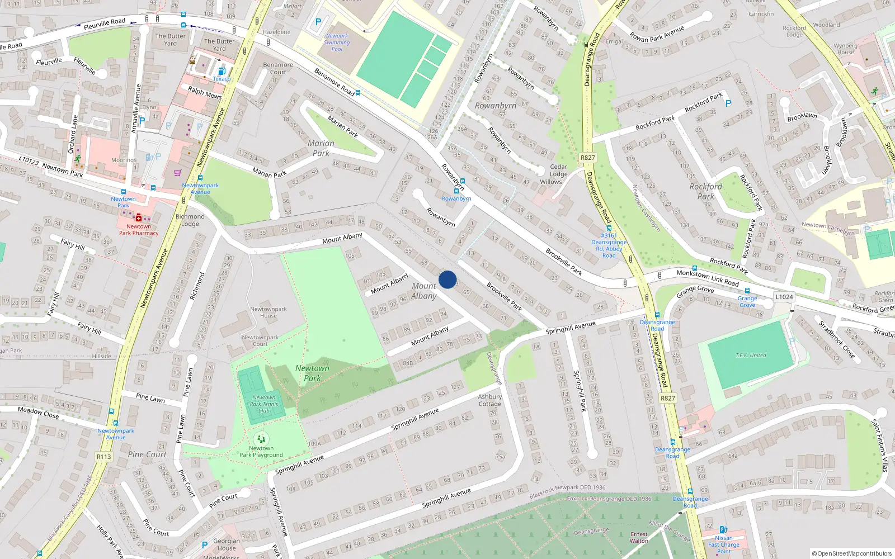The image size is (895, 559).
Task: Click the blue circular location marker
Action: [x=447, y=279]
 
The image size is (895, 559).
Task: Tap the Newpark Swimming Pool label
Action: [x=337, y=42]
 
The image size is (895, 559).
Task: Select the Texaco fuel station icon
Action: [x=222, y=71]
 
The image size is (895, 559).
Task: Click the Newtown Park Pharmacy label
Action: [x=139, y=230]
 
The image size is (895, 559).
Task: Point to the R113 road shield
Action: [x=104, y=457]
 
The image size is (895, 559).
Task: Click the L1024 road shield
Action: [x=784, y=297]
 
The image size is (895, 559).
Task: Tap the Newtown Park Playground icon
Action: [x=261, y=439]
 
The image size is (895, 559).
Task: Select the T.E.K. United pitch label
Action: [x=751, y=355]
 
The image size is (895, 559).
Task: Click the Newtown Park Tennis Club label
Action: [x=264, y=404]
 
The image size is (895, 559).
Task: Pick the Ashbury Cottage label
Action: [x=489, y=400]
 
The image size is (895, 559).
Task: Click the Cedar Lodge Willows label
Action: [x=558, y=174]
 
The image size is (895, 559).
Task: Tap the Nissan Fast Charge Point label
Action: [x=724, y=544]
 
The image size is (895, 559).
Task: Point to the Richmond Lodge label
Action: [x=190, y=220]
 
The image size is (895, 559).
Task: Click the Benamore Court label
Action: [x=278, y=68]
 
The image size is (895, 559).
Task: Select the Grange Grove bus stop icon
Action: [x=747, y=291]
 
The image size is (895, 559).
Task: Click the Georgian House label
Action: [x=227, y=544]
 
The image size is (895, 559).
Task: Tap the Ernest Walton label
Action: [x=639, y=537]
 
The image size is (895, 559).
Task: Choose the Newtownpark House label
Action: [x=268, y=312]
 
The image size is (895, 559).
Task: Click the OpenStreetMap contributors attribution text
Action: [x=852, y=553]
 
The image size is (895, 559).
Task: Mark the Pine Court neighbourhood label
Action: [x=147, y=454]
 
